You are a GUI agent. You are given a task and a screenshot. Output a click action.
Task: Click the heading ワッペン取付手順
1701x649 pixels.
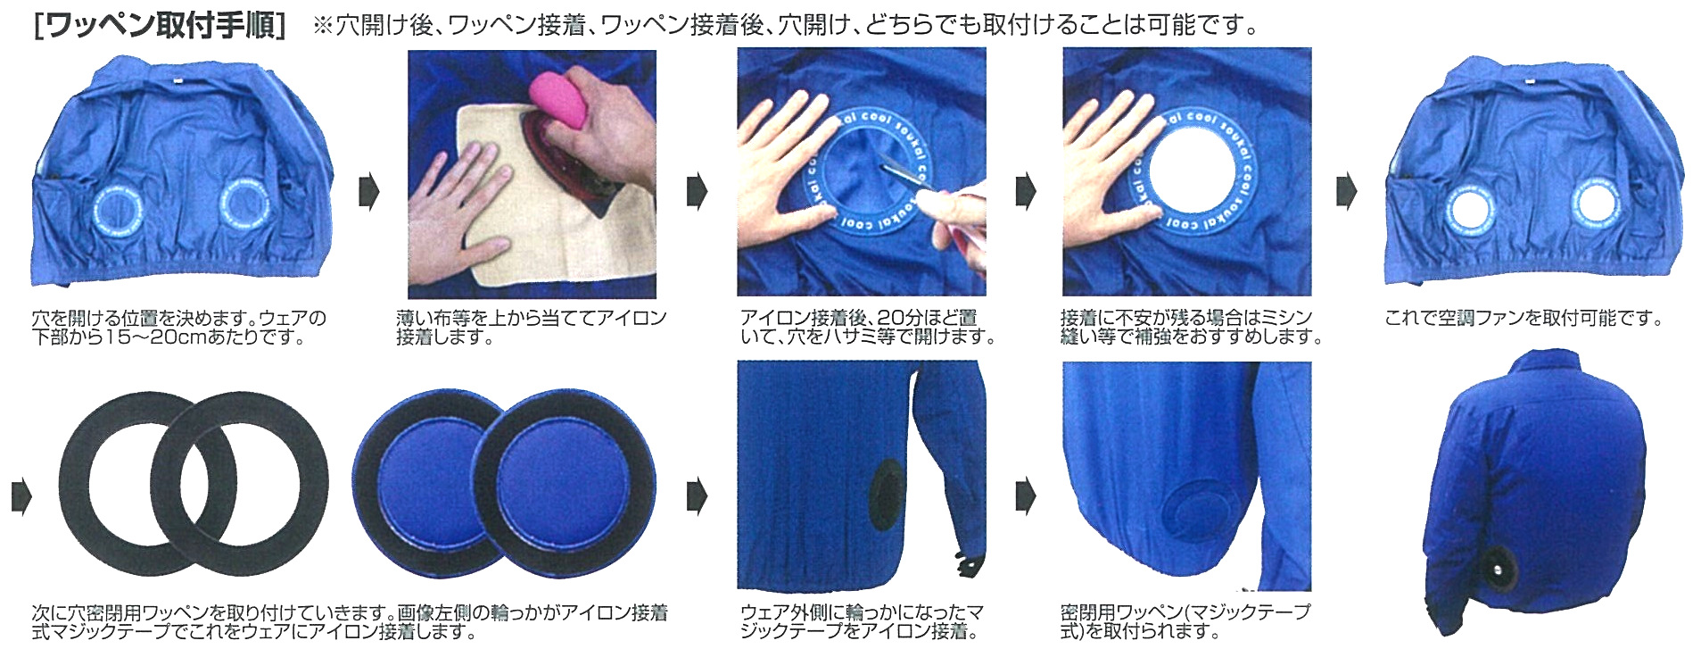[158, 25]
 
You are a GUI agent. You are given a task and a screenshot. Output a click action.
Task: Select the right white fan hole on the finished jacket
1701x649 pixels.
[1594, 202]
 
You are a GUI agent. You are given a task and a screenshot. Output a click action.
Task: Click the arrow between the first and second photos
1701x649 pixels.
[368, 192]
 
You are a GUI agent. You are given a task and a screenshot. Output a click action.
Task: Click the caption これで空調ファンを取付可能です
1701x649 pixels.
[1523, 318]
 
